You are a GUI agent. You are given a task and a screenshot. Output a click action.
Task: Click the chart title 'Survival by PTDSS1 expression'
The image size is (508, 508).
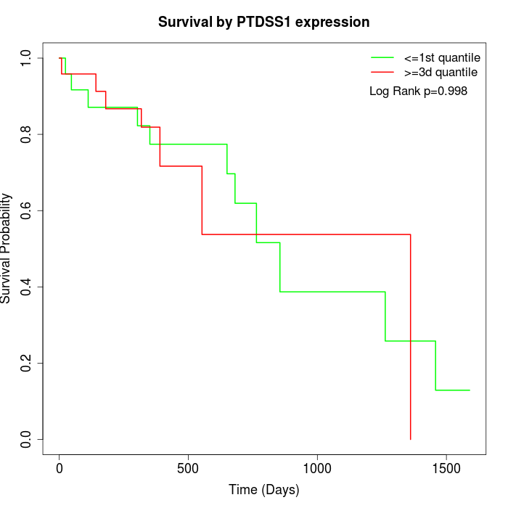[264, 22]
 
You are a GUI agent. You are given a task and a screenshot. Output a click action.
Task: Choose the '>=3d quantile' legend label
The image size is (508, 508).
[441, 72]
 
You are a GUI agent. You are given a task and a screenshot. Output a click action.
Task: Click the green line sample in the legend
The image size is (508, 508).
[382, 57]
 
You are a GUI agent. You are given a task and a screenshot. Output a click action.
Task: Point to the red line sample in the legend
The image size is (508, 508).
[382, 72]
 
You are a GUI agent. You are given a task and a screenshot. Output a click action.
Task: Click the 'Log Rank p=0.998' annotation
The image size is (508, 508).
[418, 91]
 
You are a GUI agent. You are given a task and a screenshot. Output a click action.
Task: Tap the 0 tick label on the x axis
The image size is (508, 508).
[60, 469]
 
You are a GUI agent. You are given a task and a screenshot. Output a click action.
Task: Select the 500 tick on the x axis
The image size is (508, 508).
[188, 469]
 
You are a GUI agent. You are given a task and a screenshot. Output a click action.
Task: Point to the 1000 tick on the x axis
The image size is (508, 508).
[317, 469]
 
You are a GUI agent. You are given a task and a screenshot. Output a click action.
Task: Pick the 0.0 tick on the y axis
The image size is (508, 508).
[27, 439]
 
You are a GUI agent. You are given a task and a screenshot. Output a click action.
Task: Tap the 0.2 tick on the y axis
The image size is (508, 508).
[27, 363]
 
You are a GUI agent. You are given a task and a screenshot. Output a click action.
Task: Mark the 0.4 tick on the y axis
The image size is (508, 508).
[27, 287]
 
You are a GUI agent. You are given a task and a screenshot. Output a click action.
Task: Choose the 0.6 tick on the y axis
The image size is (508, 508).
[27, 210]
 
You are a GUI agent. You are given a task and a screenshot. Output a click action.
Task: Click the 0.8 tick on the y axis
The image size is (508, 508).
[27, 134]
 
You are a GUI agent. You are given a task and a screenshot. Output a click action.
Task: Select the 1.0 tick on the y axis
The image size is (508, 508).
[27, 58]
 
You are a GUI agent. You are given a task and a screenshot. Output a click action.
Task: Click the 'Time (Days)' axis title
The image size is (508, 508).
[264, 490]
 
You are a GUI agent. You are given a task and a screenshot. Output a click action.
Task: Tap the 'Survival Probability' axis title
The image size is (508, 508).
[7, 249]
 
